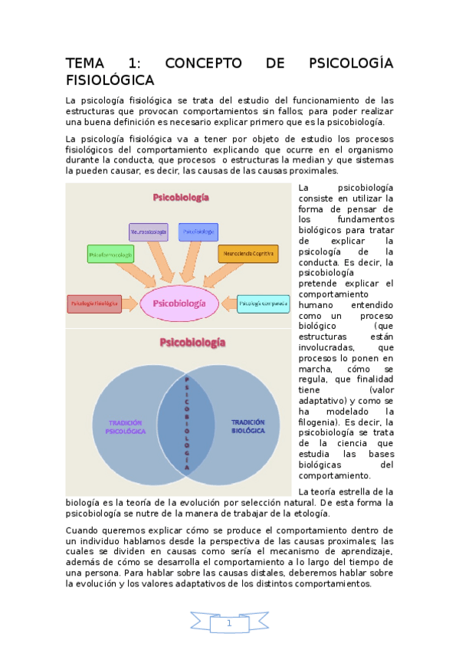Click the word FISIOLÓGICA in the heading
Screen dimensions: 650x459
coord(110,80)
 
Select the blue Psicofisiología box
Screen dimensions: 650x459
coord(198,231)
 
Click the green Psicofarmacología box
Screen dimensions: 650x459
coord(110,253)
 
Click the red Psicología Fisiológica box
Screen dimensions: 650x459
coord(93,304)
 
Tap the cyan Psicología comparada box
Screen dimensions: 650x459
coord(264,304)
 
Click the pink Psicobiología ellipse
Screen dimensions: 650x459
coord(179,304)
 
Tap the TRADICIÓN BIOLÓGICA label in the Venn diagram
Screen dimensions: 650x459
coord(247,426)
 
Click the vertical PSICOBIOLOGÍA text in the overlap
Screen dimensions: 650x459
coord(187,422)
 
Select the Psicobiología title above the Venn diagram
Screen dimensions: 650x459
coord(192,342)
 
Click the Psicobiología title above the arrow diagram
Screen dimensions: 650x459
coord(181,197)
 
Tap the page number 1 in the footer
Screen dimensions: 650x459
coord(229,623)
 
